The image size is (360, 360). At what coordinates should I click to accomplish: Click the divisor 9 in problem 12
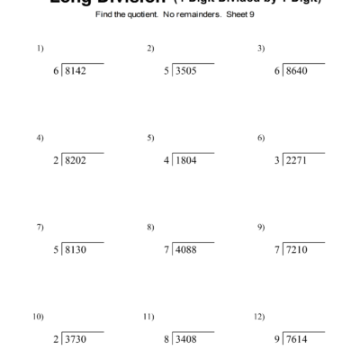point(276,340)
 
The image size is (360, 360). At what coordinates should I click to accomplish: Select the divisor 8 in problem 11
point(166,340)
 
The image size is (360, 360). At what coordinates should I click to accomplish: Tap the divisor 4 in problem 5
point(166,161)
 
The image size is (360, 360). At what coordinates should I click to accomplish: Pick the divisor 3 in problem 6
point(276,161)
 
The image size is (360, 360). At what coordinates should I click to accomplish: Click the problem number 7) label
point(40,227)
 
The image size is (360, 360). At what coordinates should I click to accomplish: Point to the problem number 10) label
point(39,317)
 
